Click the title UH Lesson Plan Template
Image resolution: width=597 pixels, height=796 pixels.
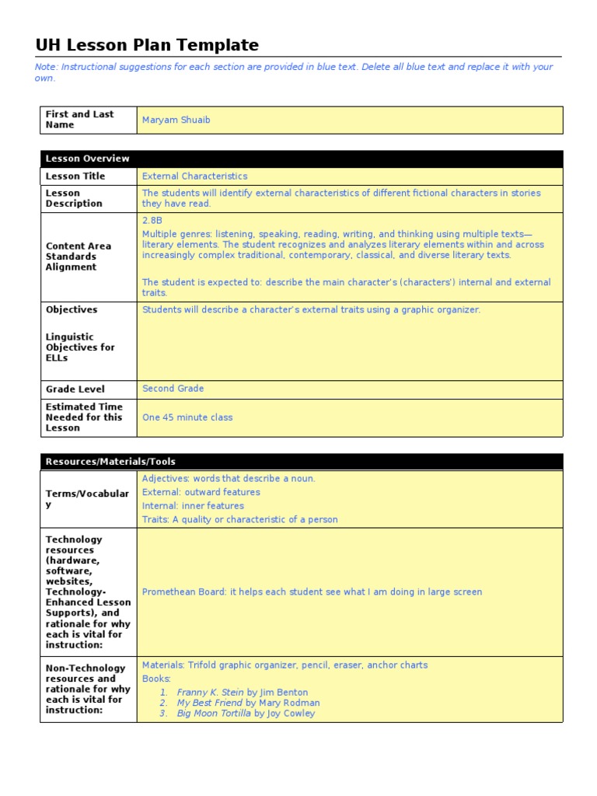[x=147, y=45]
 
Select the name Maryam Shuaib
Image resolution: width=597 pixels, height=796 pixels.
[x=176, y=120]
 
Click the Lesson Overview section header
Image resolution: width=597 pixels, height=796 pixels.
[x=87, y=159]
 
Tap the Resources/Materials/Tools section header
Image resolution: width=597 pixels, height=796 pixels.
[x=110, y=462]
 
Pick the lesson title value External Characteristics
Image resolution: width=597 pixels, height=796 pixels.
[x=194, y=176]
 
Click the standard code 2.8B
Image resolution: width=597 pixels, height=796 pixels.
[x=152, y=221]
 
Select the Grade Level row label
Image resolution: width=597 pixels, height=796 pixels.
[x=75, y=389]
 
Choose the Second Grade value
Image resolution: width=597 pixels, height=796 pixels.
[x=173, y=389]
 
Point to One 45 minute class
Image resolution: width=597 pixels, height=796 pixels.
[x=187, y=417]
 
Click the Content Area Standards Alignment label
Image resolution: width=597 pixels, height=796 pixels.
[x=78, y=257]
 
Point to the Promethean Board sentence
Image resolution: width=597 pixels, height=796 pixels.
[x=312, y=592]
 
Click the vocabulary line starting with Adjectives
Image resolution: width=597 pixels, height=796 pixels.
[x=229, y=479]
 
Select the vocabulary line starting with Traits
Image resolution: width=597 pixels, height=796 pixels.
[x=239, y=519]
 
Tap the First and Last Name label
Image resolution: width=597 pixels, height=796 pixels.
[x=79, y=120]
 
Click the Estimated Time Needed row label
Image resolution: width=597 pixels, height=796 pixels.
[x=83, y=417]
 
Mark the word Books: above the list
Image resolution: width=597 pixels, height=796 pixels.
[x=156, y=679]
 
